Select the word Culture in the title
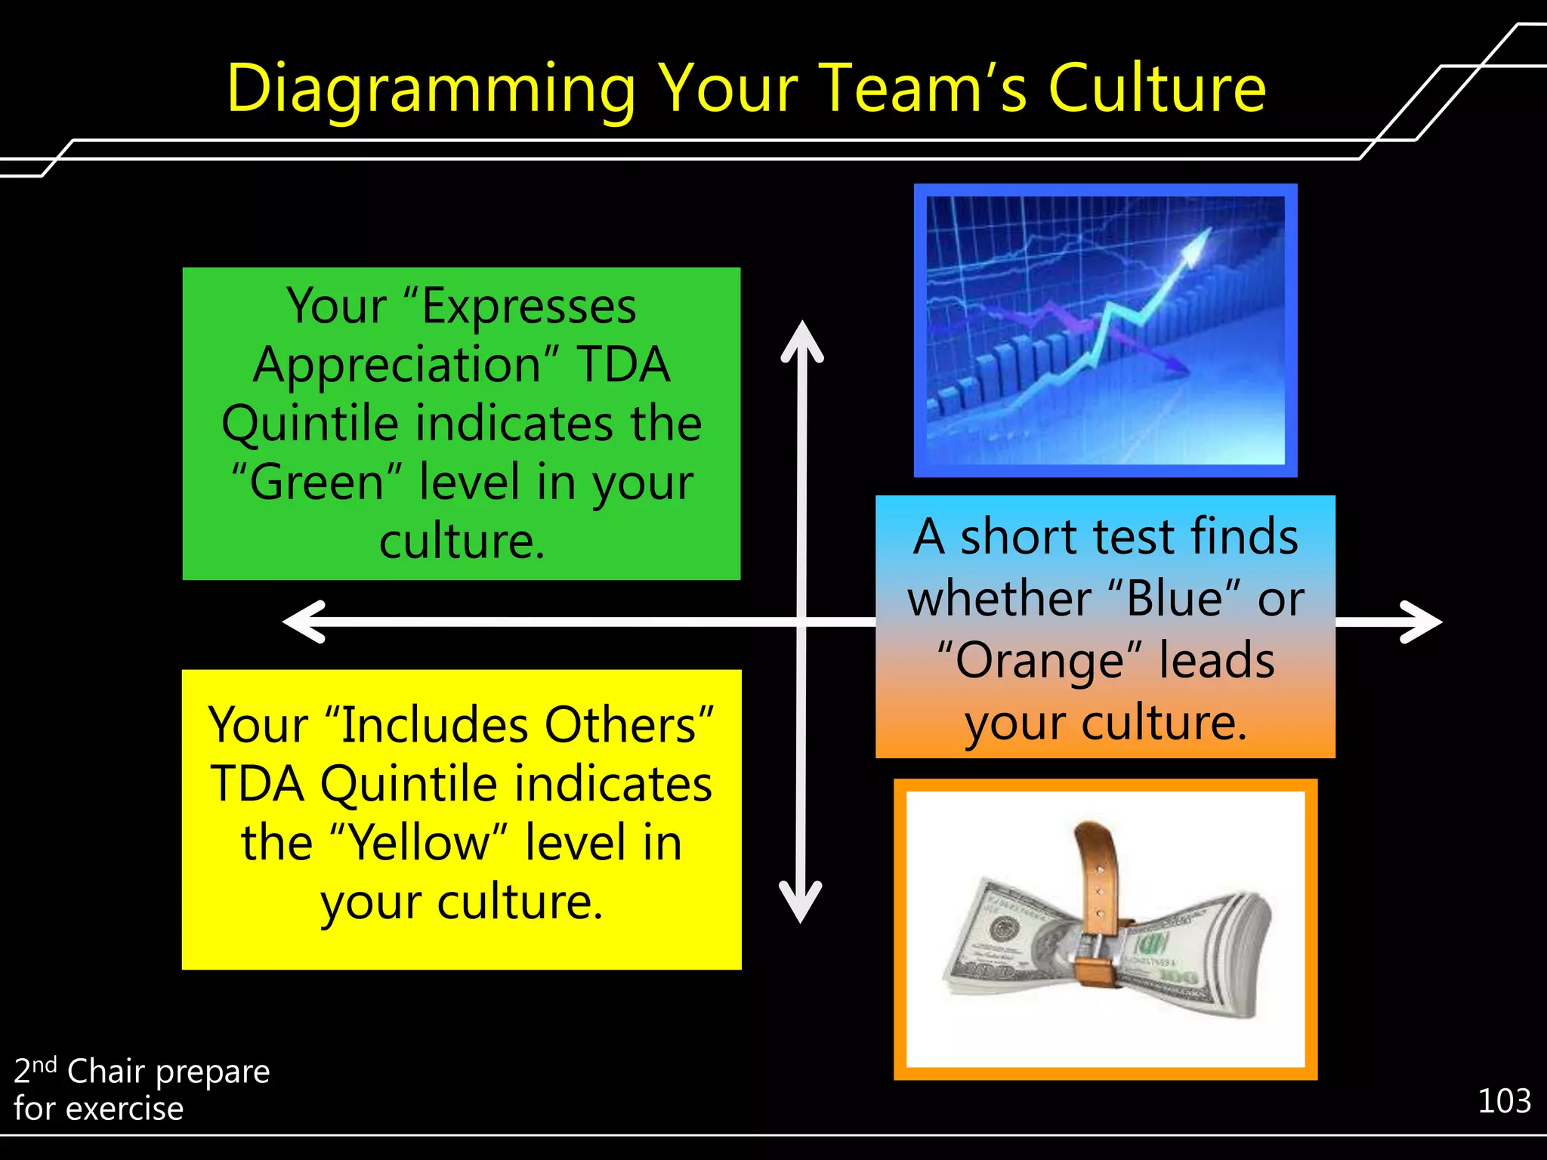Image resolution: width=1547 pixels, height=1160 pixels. (x=1157, y=89)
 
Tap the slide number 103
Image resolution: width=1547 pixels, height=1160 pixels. (x=1504, y=1101)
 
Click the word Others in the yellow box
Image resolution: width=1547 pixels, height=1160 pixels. (x=628, y=726)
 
